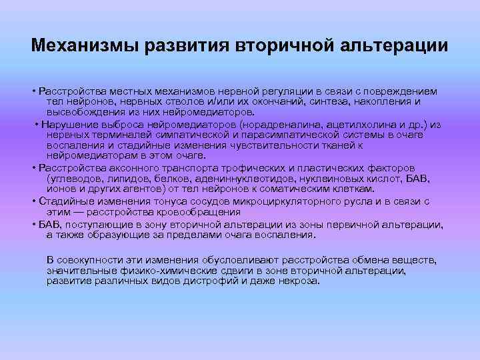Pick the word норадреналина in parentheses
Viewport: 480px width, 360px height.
pyautogui.click(x=277, y=125)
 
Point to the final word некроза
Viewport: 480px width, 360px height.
pyautogui.click(x=298, y=281)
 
